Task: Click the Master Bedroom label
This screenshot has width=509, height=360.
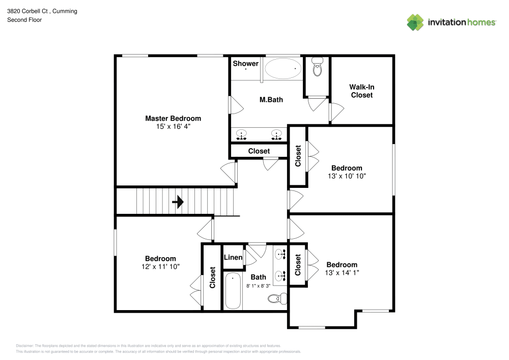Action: click(x=173, y=118)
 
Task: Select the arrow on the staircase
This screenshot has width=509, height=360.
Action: click(x=178, y=203)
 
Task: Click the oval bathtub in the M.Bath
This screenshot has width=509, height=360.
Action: click(x=282, y=68)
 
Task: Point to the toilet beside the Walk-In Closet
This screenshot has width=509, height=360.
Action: click(x=318, y=67)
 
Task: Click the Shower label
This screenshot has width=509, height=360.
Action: click(x=246, y=64)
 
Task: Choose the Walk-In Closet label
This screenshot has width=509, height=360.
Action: click(x=362, y=91)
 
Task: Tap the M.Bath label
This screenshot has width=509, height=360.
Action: click(x=271, y=100)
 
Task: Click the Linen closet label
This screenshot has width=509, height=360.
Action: click(x=233, y=258)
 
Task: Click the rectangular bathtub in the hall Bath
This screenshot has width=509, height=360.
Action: click(x=233, y=291)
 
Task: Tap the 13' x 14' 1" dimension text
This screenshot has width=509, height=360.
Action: click(x=342, y=273)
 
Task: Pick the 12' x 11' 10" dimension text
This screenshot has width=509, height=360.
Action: click(x=160, y=266)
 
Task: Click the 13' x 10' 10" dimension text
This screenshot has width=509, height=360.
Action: click(x=347, y=176)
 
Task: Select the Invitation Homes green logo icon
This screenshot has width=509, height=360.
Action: click(x=415, y=22)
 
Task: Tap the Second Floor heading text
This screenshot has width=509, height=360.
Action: click(x=24, y=20)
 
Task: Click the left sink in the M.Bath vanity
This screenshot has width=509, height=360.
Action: click(x=241, y=135)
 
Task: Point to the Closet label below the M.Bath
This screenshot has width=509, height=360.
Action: click(x=259, y=151)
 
